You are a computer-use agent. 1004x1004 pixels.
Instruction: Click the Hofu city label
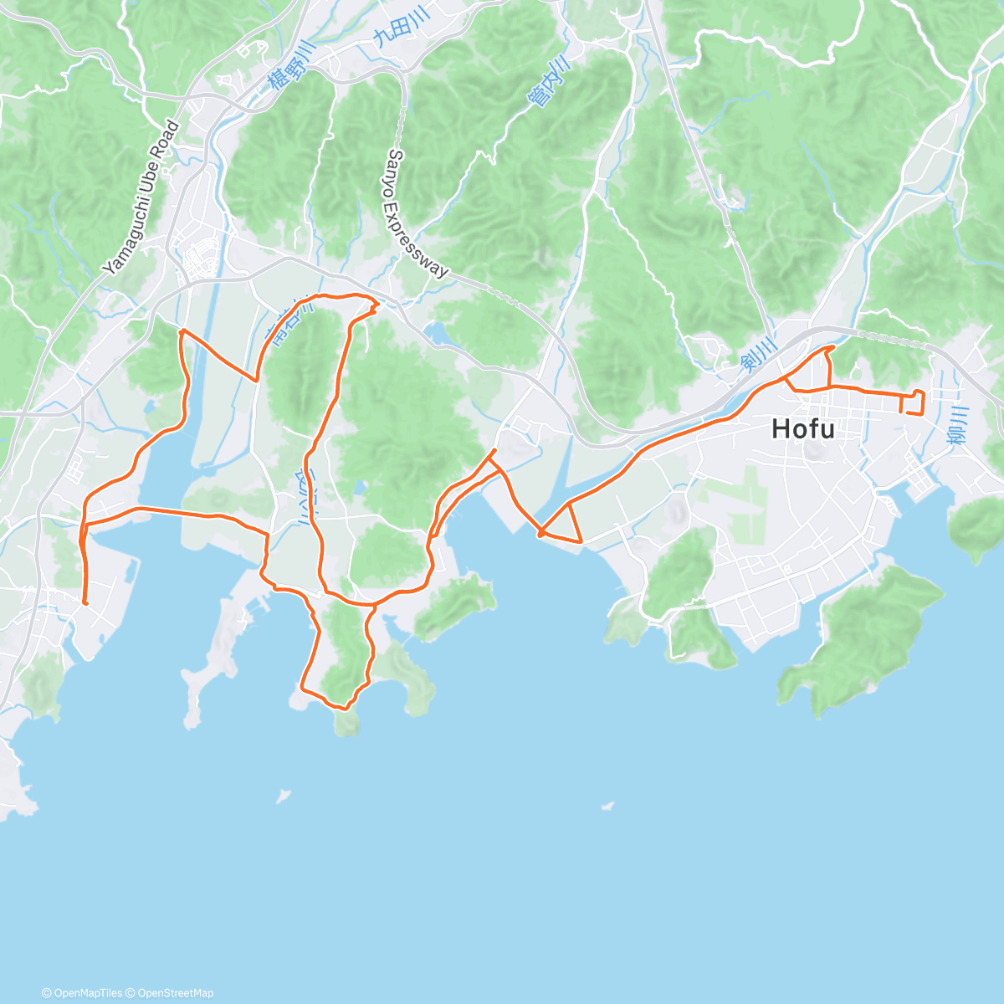pyautogui.click(x=802, y=429)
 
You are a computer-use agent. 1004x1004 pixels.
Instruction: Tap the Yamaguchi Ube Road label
pyautogui.click(x=141, y=198)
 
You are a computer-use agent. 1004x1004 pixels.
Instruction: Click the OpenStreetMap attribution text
pyautogui.click(x=176, y=993)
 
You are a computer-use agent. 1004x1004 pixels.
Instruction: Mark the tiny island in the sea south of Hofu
pyautogui.click(x=608, y=807)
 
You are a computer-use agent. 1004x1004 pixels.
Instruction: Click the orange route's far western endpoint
pyautogui.click(x=85, y=602)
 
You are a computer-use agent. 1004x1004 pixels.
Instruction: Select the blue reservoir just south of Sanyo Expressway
pyautogui.click(x=436, y=334)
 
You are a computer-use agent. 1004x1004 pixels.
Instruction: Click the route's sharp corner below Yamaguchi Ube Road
pyautogui.click(x=181, y=332)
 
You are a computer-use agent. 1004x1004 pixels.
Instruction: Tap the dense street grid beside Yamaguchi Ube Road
pyautogui.click(x=201, y=260)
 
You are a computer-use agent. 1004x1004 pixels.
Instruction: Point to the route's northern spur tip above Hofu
pyautogui.click(x=833, y=346)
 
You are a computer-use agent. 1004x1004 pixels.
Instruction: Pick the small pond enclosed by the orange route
pyautogui.click(x=359, y=486)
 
